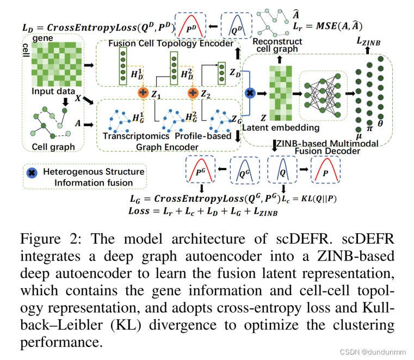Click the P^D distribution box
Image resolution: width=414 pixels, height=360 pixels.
(x=189, y=25)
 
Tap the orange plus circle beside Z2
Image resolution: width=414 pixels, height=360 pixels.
(x=193, y=94)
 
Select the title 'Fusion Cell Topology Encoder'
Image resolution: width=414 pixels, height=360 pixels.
(x=163, y=44)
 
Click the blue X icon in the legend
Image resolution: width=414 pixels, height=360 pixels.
(x=32, y=172)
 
